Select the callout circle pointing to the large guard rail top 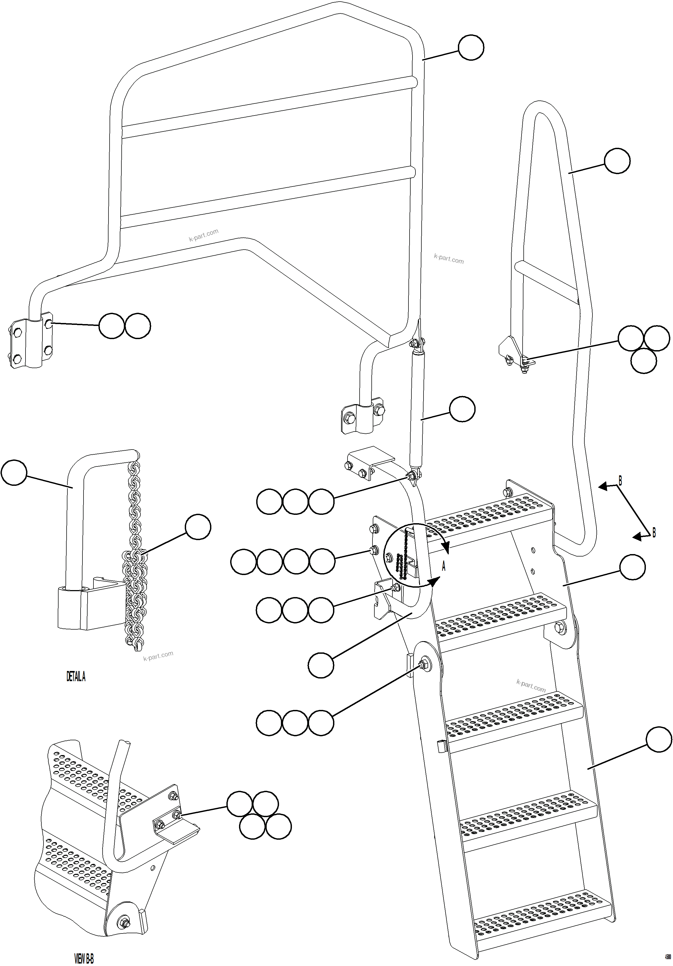tap(471, 48)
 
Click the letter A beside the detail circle tap(443, 567)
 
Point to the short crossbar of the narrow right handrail tap(547, 281)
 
